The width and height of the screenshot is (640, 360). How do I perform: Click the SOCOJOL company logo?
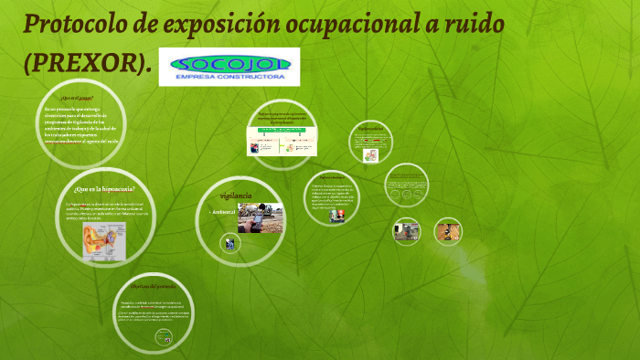pos(229,64)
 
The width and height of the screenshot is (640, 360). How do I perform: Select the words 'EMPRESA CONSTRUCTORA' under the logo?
pos(229,78)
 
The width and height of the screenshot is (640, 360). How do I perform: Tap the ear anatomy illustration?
pos(104,239)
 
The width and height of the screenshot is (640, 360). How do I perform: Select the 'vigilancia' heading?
pos(236,196)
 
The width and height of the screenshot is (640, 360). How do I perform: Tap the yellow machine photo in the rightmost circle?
pos(448,230)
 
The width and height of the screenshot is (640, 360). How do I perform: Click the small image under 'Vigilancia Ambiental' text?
pos(337,216)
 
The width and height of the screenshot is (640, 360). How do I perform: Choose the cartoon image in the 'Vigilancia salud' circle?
pos(370,154)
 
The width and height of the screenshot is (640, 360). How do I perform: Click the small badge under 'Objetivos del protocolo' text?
pos(165,338)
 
